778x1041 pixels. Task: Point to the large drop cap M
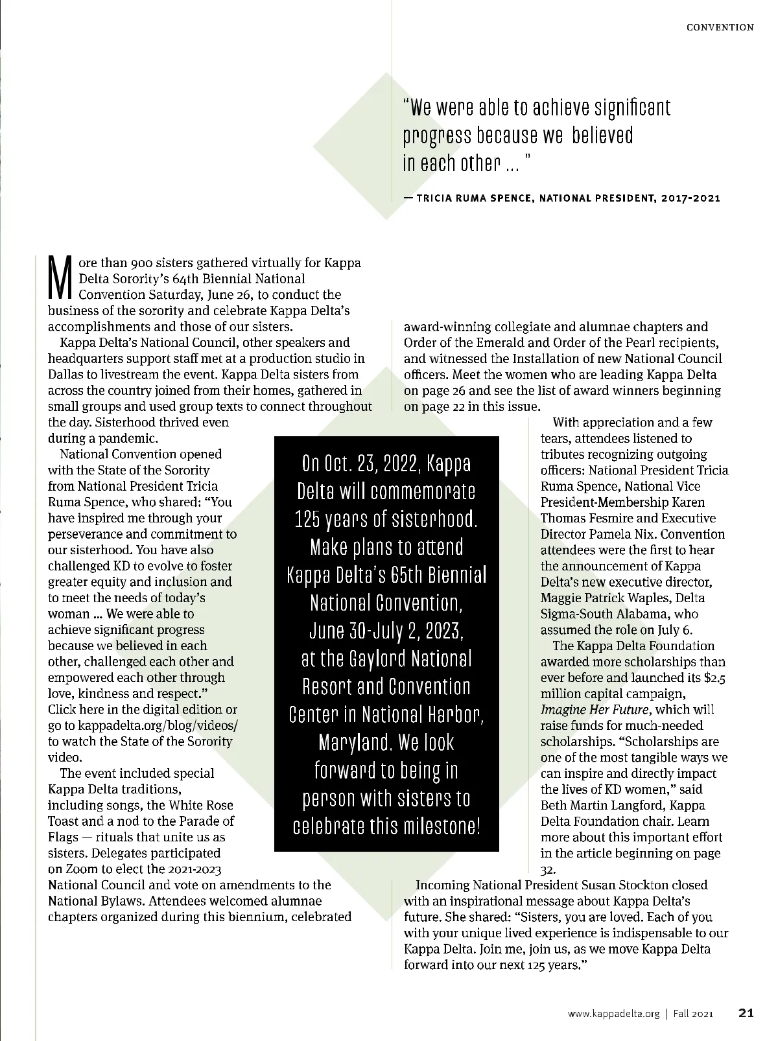(x=60, y=279)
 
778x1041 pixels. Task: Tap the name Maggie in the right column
(x=560, y=598)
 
